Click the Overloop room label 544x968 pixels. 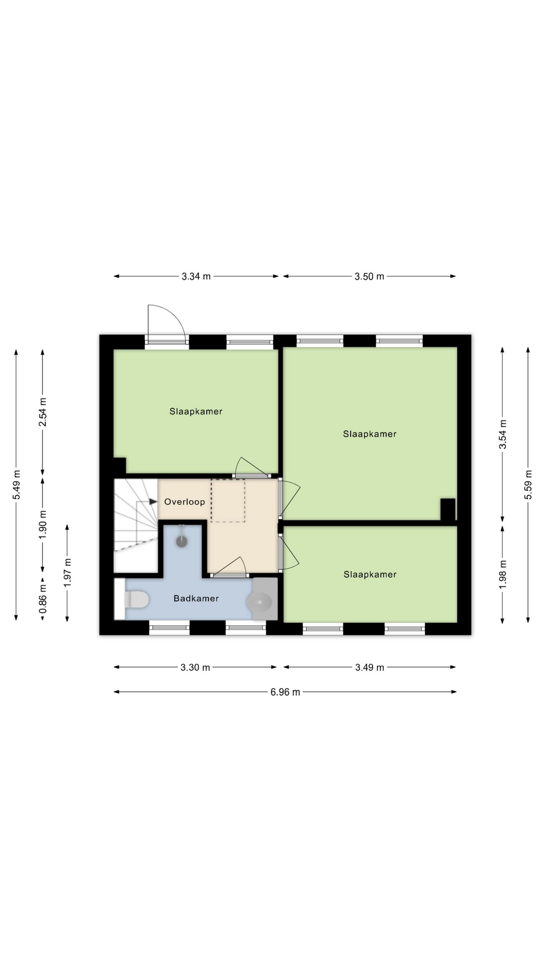[184, 502]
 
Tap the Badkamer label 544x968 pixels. [196, 598]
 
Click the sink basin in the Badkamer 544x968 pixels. [260, 601]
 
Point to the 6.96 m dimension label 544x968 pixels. [285, 692]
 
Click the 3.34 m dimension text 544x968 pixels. [196, 276]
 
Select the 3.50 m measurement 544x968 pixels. [369, 276]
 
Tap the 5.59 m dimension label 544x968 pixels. [528, 485]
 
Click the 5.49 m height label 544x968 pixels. [17, 485]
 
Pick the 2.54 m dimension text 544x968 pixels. [43, 412]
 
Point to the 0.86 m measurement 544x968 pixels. [43, 599]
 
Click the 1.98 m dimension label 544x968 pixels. [503, 574]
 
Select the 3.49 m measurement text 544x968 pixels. [369, 668]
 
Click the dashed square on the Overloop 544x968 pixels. [228, 500]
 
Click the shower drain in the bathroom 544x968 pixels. [182, 541]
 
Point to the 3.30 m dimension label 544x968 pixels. [195, 668]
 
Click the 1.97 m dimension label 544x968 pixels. [67, 572]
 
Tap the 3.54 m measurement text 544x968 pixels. [503, 434]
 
